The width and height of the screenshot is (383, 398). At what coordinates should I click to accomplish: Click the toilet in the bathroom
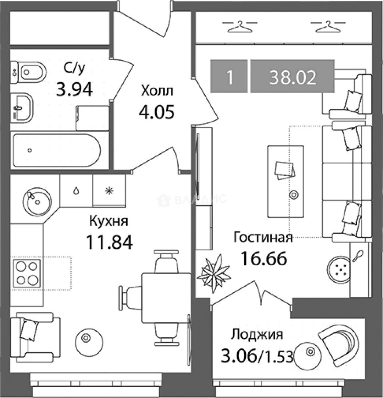click(29, 72)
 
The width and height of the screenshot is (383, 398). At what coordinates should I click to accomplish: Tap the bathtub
click(57, 150)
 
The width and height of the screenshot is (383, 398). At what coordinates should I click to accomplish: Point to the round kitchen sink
click(37, 202)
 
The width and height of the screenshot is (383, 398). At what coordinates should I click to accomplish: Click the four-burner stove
click(27, 273)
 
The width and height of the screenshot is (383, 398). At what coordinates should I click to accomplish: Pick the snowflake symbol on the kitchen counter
click(109, 191)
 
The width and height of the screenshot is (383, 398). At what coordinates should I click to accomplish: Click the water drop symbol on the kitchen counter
click(76, 191)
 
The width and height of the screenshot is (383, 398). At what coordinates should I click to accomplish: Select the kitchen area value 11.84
click(110, 242)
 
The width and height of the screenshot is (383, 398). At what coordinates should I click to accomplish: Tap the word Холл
click(157, 91)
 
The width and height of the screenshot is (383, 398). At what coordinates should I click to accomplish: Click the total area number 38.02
click(293, 77)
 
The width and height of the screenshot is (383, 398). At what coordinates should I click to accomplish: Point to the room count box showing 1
click(229, 76)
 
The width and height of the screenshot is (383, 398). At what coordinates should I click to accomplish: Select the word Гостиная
click(263, 238)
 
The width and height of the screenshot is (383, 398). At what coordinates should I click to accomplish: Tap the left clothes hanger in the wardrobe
click(240, 27)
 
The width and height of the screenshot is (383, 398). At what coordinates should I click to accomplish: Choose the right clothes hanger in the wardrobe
click(328, 27)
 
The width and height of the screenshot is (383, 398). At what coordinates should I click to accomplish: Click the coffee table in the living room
click(286, 181)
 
